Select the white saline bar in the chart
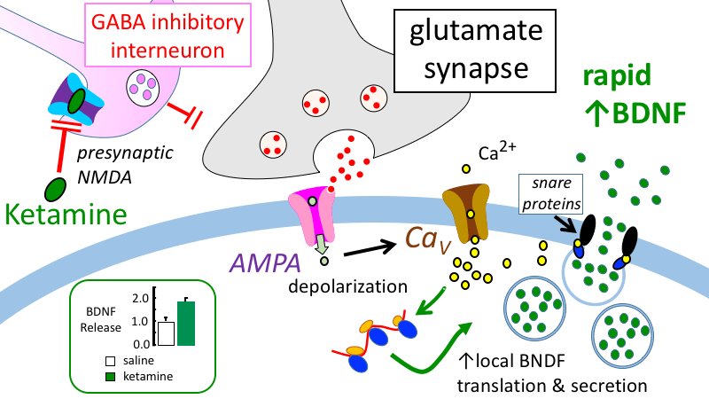click(x=165, y=332)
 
